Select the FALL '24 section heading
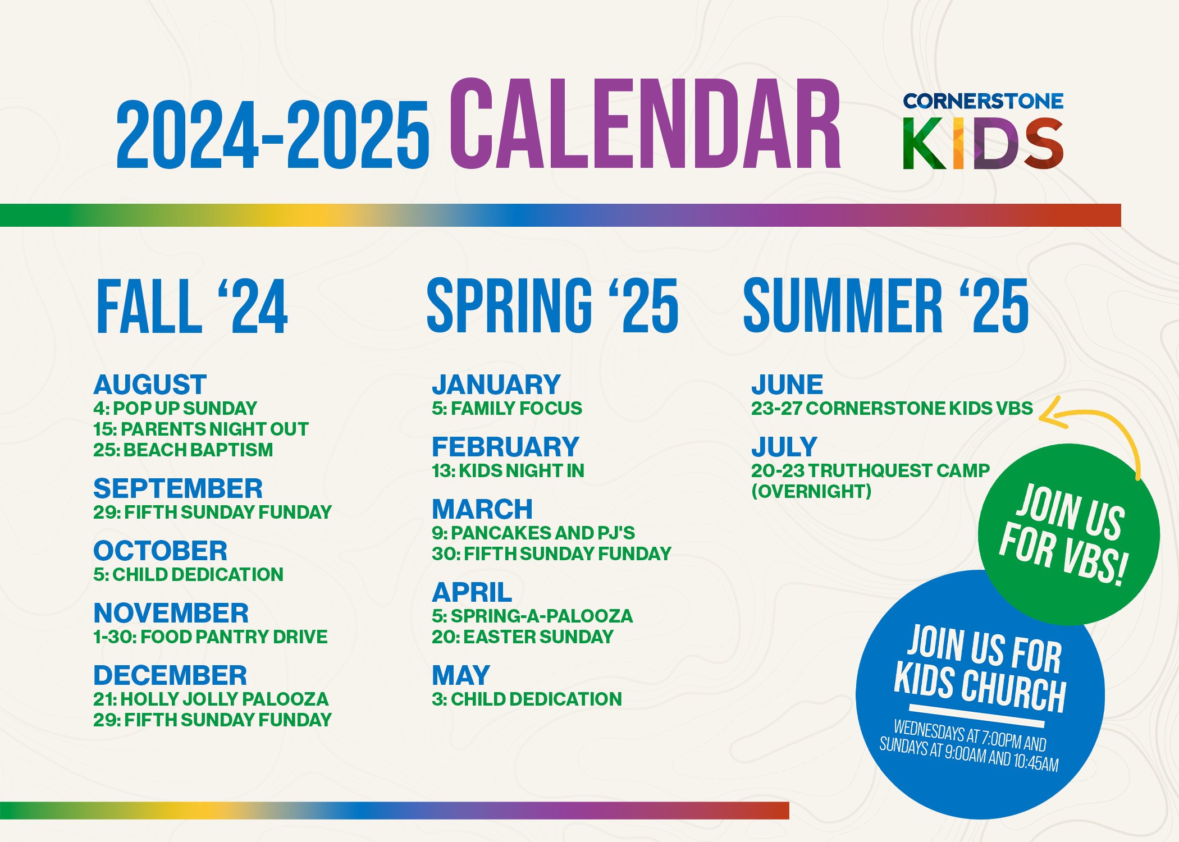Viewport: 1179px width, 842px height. tap(192, 306)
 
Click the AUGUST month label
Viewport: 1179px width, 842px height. tap(150, 385)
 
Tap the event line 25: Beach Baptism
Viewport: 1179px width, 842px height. tap(183, 450)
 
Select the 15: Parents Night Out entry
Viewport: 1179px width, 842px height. tap(200, 429)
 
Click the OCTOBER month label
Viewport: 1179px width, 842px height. tap(160, 551)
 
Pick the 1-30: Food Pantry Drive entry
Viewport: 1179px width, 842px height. tap(210, 637)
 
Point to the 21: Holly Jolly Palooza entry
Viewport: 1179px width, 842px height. tap(211, 699)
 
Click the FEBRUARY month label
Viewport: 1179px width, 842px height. tap(505, 447)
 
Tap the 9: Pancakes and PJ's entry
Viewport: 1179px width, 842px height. tap(533, 532)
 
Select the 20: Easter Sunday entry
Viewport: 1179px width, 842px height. tap(522, 637)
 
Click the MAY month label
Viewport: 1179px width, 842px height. tap(461, 675)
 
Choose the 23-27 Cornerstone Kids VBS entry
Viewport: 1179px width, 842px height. tap(892, 408)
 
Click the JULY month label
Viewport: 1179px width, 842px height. tap(784, 447)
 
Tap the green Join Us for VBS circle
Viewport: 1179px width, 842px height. tap(1068, 533)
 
